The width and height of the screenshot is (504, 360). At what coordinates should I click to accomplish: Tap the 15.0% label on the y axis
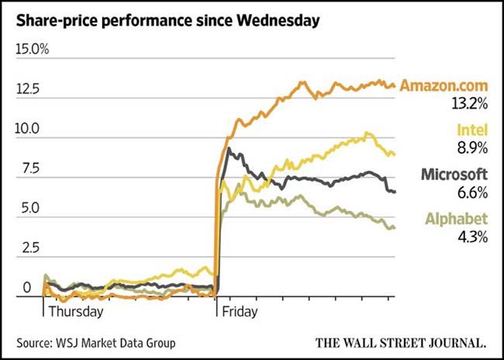pos(33,50)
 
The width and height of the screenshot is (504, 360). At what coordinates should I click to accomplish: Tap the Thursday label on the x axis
pos(76,312)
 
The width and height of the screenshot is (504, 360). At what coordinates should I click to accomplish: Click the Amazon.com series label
pos(444,85)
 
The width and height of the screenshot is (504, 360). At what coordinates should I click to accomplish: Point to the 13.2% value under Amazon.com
pos(470,102)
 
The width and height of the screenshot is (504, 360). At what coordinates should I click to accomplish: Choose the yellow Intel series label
pos(472,130)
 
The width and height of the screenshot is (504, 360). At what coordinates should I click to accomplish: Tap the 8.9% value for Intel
pos(472,146)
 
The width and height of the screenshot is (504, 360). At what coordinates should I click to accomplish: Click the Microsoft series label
pos(454,175)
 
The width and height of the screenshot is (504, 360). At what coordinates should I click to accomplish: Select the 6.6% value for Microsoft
pos(472,191)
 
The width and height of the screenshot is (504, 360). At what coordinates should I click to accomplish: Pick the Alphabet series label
pos(457,220)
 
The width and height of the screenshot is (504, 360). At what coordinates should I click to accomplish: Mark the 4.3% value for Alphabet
pos(472,236)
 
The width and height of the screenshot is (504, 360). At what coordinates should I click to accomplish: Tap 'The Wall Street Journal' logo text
pos(402,342)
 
